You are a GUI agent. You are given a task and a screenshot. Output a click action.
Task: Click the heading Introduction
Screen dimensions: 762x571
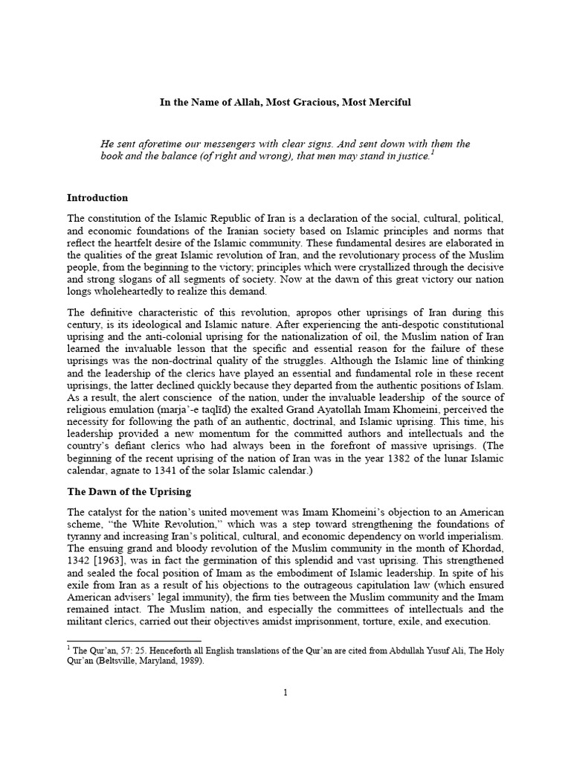click(x=97, y=198)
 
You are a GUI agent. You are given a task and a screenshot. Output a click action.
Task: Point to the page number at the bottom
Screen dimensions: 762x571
click(x=285, y=692)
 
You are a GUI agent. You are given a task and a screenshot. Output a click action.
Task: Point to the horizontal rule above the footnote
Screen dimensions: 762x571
click(x=134, y=641)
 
